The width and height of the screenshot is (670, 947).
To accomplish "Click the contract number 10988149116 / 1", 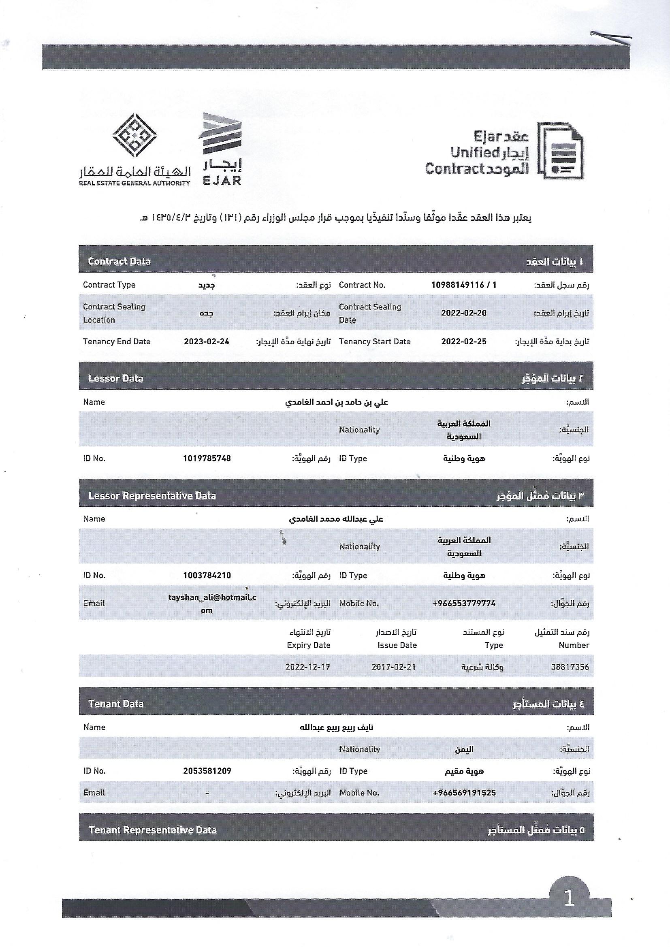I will (x=464, y=285).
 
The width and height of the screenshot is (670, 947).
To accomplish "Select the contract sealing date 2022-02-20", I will (x=464, y=313).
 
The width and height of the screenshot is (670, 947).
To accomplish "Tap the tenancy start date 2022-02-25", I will (x=464, y=341).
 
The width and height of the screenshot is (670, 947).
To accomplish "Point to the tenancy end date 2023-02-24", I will (x=206, y=341).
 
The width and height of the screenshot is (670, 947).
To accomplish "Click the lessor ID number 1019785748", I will (x=207, y=458).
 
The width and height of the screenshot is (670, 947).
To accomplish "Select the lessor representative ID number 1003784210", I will (x=207, y=576).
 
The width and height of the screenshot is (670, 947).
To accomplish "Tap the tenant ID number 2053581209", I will (x=207, y=771).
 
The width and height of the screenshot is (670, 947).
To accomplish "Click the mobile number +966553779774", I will (x=464, y=604).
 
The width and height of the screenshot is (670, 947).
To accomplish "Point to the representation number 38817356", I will (x=570, y=667).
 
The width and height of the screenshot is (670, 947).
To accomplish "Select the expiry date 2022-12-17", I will (x=308, y=667).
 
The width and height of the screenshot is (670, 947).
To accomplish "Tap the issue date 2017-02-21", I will (x=394, y=667).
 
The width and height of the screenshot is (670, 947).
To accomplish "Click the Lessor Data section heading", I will (x=115, y=379).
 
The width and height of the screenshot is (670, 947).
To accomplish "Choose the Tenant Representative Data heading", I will (x=153, y=830).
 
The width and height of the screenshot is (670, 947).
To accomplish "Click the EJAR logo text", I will (x=222, y=180).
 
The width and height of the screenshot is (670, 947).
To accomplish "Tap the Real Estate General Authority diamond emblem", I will (x=135, y=136).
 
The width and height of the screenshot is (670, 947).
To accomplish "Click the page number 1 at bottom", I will (x=569, y=898).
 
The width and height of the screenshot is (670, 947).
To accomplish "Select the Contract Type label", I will (x=109, y=285).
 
